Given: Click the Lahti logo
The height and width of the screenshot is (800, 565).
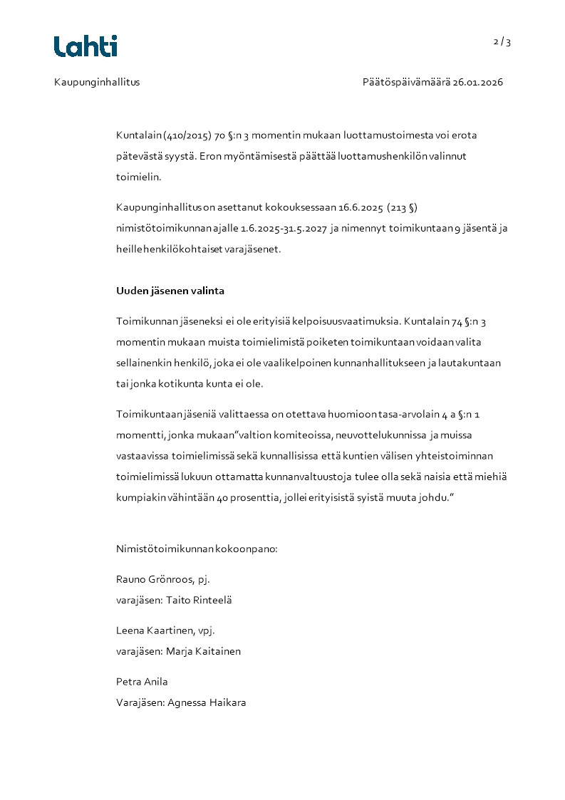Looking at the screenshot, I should (x=85, y=46).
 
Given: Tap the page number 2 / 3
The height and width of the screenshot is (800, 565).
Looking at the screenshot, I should (x=502, y=42).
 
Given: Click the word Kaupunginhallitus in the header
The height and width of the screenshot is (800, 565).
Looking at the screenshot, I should (x=97, y=82).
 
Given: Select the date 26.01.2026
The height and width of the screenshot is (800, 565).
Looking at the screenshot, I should (x=478, y=82).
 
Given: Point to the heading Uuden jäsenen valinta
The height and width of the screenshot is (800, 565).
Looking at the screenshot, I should (x=170, y=291).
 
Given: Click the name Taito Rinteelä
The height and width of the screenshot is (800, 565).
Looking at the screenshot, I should (x=199, y=600).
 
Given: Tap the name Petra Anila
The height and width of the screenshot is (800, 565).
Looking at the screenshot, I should (x=142, y=682).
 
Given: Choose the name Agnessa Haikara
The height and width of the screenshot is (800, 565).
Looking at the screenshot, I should (x=207, y=702).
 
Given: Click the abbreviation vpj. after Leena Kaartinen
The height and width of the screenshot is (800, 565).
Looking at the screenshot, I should (x=206, y=630).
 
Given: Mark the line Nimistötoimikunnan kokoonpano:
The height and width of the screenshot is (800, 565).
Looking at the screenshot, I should (x=196, y=549).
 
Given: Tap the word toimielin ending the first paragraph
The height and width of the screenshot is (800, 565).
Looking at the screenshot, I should (x=139, y=177).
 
